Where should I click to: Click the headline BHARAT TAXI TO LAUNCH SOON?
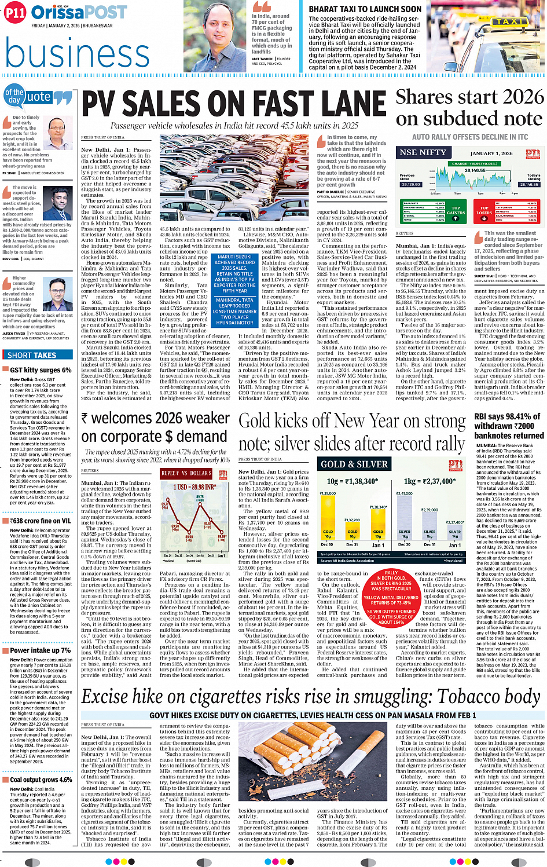pyautogui.click(x=365, y=9)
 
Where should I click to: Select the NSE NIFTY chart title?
pyautogui.click(x=423, y=152)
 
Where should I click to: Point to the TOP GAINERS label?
pyautogui.click(x=456, y=210)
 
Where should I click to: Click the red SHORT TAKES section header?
pyautogui.click(x=32, y=355)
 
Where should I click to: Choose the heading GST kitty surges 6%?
pyautogui.click(x=41, y=370)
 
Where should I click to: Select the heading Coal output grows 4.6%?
pyautogui.click(x=41, y=780)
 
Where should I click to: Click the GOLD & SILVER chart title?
pyautogui.click(x=354, y=464)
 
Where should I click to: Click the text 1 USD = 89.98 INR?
pyautogui.click(x=194, y=487)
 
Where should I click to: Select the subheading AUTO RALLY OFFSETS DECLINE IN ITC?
pyautogui.click(x=469, y=137)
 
